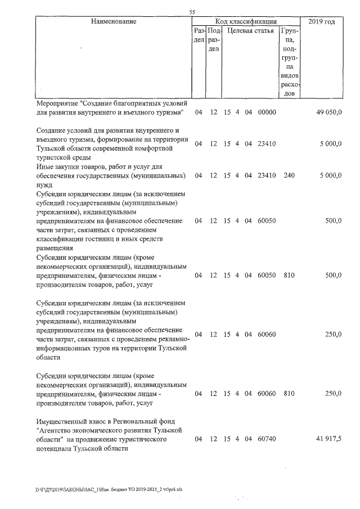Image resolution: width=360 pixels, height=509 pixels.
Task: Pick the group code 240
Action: click(x=289, y=175)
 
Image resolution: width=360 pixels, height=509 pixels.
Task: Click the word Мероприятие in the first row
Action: click(x=57, y=104)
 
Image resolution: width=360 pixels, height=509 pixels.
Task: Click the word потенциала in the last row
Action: click(x=55, y=448)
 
